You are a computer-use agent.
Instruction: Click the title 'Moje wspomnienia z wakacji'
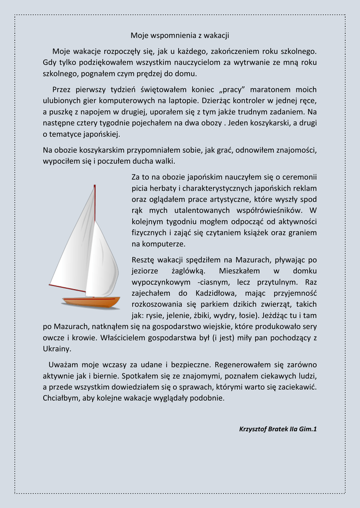point(180,35)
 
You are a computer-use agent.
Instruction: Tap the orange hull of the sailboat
point(91,302)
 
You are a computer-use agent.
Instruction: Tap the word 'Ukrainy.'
point(57,349)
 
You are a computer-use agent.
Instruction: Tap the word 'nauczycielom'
point(194,63)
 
